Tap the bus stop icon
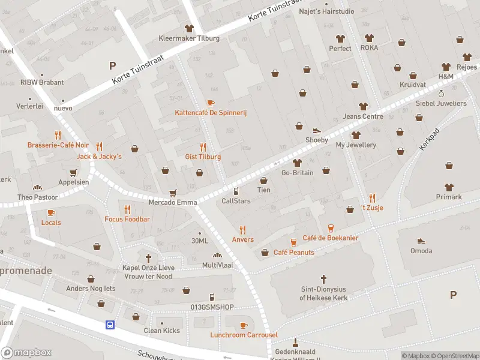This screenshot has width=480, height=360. (x=110, y=325)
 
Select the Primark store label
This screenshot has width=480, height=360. (x=449, y=197)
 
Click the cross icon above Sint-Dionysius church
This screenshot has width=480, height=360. (x=323, y=279)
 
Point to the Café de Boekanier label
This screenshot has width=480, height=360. (x=330, y=238)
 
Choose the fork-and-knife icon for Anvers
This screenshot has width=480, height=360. (x=242, y=230)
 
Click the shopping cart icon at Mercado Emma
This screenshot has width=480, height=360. (x=173, y=193)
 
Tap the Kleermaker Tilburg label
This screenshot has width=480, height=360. (x=189, y=38)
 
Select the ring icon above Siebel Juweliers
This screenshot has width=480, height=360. (x=441, y=94)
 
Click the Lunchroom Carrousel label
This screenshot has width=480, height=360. (x=244, y=335)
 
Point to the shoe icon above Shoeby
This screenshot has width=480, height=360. (x=317, y=131)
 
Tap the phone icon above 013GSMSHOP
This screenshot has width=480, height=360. (x=211, y=298)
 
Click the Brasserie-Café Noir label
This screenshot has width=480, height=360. (x=58, y=145)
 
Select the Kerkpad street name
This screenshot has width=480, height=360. (x=430, y=139)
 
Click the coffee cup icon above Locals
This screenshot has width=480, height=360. (x=50, y=212)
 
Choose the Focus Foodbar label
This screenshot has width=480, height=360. (x=127, y=219)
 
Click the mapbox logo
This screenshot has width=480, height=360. (x=26, y=352)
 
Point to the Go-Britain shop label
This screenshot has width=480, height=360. (x=297, y=173)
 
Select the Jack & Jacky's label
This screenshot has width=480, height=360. (x=99, y=157)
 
